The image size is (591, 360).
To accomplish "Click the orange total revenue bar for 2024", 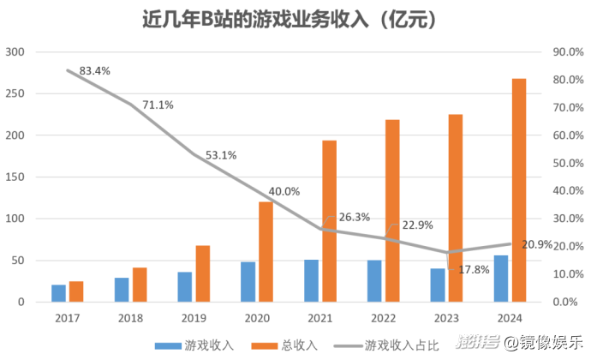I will (519, 190).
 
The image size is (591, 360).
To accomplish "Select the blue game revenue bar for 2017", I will (58, 293).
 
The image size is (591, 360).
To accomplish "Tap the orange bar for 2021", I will (330, 221).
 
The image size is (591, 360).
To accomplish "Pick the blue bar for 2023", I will (438, 285).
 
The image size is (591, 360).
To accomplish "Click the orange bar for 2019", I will (203, 273).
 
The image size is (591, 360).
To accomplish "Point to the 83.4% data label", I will (95, 70).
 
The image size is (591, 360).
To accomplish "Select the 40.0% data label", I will (284, 191).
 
